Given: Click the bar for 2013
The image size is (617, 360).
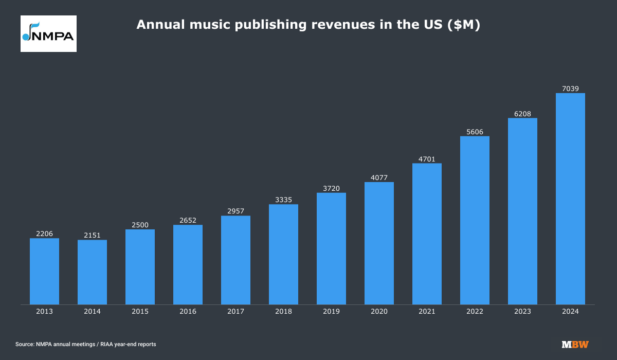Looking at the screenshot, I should (44, 271).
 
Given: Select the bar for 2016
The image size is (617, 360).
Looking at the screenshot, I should (188, 264).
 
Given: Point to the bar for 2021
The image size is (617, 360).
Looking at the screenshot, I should (427, 233).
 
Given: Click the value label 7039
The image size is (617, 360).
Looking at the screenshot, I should (570, 88).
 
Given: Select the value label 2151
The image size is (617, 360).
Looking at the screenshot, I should (92, 236).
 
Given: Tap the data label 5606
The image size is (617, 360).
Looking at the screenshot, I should (475, 132).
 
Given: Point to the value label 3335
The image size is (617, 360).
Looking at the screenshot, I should (283, 200).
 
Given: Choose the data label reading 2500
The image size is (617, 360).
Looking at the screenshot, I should (140, 225).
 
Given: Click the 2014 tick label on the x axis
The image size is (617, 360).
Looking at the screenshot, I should (92, 312).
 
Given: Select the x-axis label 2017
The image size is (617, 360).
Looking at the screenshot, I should (235, 312).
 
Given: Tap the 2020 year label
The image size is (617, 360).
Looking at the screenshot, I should (379, 312).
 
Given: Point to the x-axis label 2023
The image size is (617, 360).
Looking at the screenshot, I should (522, 312).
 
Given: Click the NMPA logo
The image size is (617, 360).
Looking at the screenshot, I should (48, 33).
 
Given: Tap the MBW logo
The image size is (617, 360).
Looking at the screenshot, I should (575, 344).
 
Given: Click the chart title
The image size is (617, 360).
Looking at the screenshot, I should (308, 25).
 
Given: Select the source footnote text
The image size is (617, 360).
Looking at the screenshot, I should (85, 344).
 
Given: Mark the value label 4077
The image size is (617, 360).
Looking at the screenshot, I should (379, 178).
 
